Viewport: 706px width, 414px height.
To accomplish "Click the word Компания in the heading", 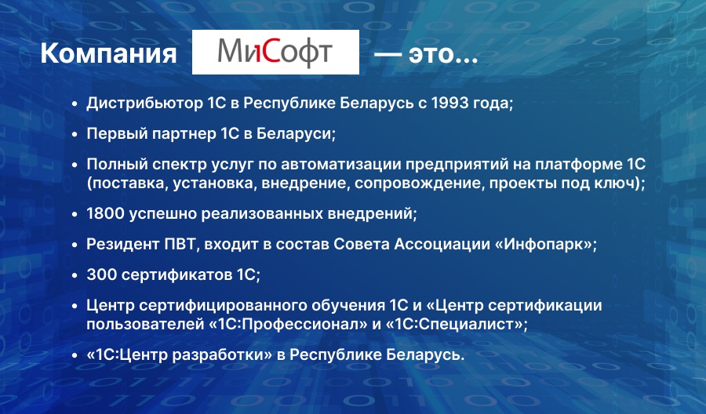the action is pyautogui.click(x=108, y=54).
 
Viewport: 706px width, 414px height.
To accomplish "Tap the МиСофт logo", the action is pyautogui.click(x=275, y=52).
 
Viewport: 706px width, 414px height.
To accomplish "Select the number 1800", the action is pyautogui.click(x=105, y=213).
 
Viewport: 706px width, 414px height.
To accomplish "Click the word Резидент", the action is pyautogui.click(x=120, y=244).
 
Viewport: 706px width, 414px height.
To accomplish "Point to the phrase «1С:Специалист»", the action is pyautogui.click(x=454, y=324).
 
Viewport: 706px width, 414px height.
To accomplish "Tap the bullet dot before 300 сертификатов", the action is pyautogui.click(x=75, y=275).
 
